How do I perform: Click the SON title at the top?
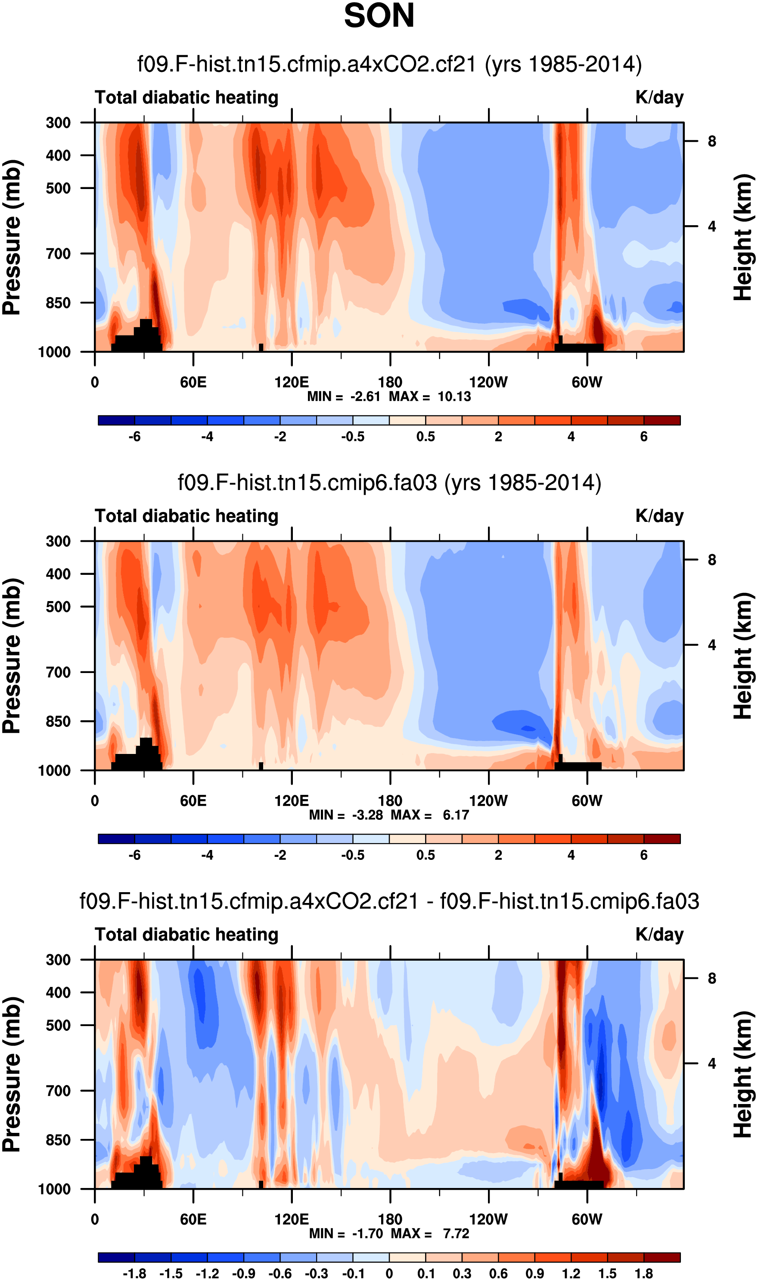(379, 16)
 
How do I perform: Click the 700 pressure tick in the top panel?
(58, 253)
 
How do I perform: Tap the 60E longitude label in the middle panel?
(193, 800)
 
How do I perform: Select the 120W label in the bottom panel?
(488, 1219)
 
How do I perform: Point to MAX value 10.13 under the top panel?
(454, 397)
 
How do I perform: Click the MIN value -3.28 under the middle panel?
(367, 815)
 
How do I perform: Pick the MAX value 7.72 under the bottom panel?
(456, 1234)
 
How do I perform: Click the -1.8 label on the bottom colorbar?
(134, 1273)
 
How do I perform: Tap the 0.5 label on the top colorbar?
(426, 437)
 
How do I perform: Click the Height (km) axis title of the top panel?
(744, 237)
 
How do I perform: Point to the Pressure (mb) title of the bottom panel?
(12, 1074)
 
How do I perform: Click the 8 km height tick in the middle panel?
(711, 560)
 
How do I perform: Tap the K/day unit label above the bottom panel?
(659, 934)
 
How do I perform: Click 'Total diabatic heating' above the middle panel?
(186, 516)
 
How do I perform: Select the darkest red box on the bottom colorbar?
(662, 1257)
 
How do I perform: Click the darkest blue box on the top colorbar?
(116, 420)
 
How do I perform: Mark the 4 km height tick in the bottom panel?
(711, 1064)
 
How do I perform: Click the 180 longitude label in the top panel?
(390, 382)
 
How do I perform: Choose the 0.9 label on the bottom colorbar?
(535, 1273)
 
